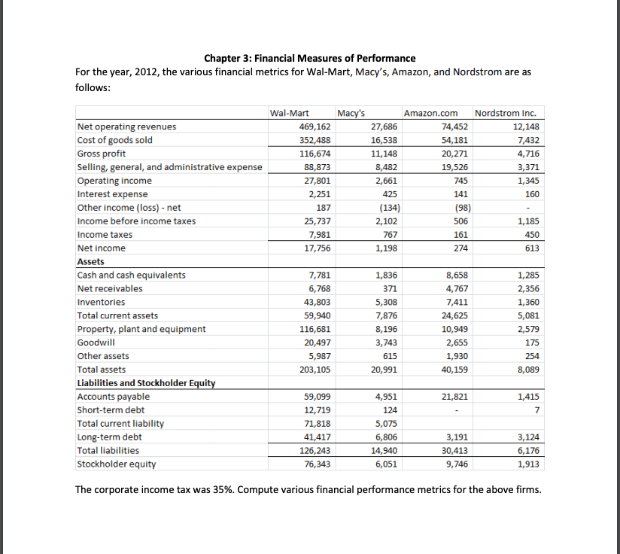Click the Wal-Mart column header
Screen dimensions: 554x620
pyautogui.click(x=290, y=114)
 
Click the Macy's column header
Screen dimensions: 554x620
pyautogui.click(x=351, y=114)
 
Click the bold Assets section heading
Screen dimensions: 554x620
pyautogui.click(x=92, y=261)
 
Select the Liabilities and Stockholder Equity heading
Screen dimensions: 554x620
pyautogui.click(x=146, y=383)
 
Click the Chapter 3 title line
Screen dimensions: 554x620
pyautogui.click(x=309, y=58)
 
